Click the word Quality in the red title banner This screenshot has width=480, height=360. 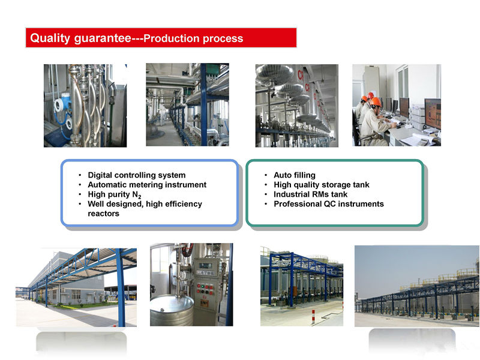(x=50, y=38)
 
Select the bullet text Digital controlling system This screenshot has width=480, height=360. (x=137, y=175)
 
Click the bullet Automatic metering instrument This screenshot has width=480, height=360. (x=147, y=185)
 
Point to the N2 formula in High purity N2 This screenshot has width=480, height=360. (x=137, y=195)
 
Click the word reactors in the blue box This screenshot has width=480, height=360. (x=103, y=214)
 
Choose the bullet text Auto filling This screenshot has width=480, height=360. (x=295, y=175)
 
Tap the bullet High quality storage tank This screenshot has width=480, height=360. (x=322, y=185)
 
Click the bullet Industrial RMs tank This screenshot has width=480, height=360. (x=310, y=194)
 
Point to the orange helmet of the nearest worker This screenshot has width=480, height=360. (x=376, y=101)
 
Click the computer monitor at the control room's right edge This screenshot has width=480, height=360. (x=433, y=113)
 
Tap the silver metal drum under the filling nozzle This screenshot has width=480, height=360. (x=172, y=310)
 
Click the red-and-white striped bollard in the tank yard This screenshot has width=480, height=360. (x=313, y=317)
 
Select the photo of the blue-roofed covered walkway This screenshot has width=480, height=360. (x=76, y=287)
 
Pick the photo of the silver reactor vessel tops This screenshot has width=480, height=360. (x=297, y=106)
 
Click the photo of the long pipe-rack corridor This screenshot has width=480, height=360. (x=187, y=104)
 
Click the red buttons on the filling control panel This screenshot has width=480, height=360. (x=205, y=287)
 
